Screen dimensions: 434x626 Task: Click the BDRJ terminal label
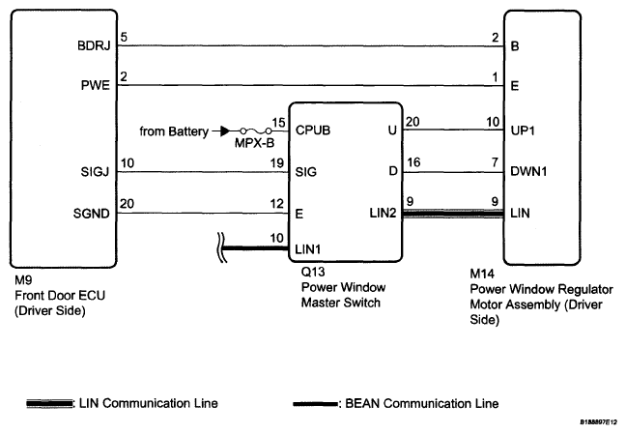(x=97, y=45)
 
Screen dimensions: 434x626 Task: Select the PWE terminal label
(x=98, y=86)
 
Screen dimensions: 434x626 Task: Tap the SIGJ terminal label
(x=97, y=172)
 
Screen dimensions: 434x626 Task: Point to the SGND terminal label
(x=94, y=212)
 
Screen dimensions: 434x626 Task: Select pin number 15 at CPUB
(x=278, y=122)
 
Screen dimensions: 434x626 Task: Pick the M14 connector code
(x=483, y=274)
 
